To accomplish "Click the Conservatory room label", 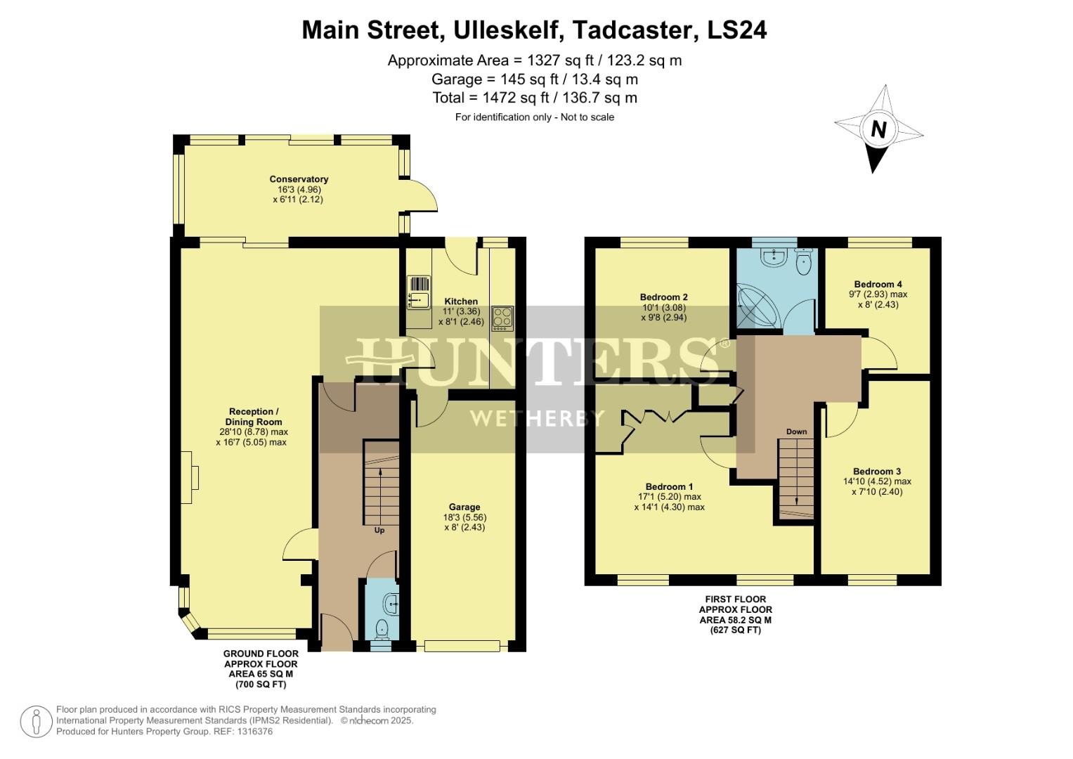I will [299, 179].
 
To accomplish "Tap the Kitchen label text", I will [461, 301].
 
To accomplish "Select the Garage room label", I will [464, 507].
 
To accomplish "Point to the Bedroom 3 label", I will [877, 472].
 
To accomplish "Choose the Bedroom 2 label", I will [663, 297].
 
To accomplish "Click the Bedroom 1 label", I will [669, 487].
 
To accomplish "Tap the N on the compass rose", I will [878, 129].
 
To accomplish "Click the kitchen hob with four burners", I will [502, 318].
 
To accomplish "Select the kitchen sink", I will [419, 301].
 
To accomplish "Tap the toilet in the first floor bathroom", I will [804, 261].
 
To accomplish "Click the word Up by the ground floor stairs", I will [379, 531].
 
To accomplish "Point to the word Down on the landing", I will [796, 432].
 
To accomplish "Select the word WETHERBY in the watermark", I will [537, 419].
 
